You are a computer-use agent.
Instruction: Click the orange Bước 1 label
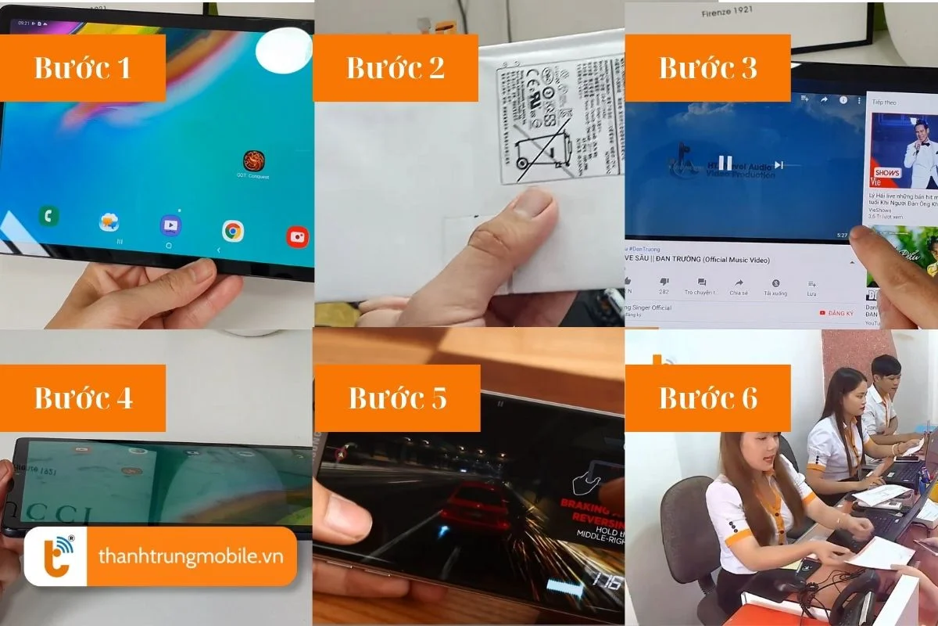(82, 68)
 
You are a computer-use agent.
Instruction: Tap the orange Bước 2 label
(396, 68)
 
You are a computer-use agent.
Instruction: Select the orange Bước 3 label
(707, 68)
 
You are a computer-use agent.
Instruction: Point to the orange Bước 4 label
(83, 398)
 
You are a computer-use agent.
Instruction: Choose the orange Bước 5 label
(397, 398)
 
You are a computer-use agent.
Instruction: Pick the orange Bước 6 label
(707, 398)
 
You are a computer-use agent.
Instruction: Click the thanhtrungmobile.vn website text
(186, 556)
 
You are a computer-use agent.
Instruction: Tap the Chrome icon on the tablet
(232, 231)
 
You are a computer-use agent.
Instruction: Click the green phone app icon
(49, 217)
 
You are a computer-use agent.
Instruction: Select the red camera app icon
(297, 236)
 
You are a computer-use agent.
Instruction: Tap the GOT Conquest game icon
(253, 161)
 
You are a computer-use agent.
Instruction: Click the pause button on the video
(725, 163)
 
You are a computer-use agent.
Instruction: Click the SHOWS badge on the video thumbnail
(886, 173)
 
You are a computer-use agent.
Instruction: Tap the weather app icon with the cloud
(109, 223)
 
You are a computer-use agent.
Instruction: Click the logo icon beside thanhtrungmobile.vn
(55, 556)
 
